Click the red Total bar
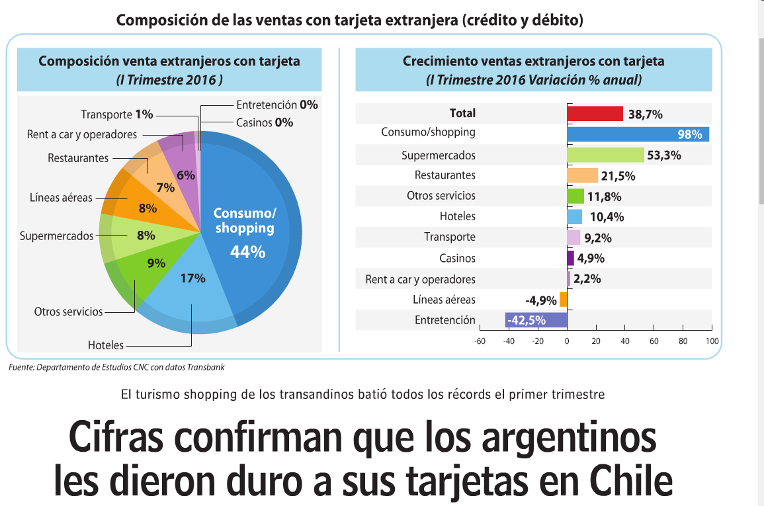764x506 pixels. [x=595, y=114]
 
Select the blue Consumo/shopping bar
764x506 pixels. [x=638, y=134]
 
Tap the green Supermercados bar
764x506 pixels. [x=605, y=155]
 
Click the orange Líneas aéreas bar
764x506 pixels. [x=564, y=300]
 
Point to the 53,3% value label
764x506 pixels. [x=664, y=156]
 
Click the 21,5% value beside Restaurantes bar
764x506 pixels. [x=618, y=177]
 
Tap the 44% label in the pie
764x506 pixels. [x=247, y=252]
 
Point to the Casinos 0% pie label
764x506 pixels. [x=265, y=122]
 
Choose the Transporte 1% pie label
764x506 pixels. [x=116, y=114]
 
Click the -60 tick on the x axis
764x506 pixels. [x=480, y=341]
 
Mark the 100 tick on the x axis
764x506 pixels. [x=712, y=341]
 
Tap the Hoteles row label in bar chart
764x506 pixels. [x=457, y=216]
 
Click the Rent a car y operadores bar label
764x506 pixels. [x=420, y=279]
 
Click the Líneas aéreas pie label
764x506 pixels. [x=61, y=198]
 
